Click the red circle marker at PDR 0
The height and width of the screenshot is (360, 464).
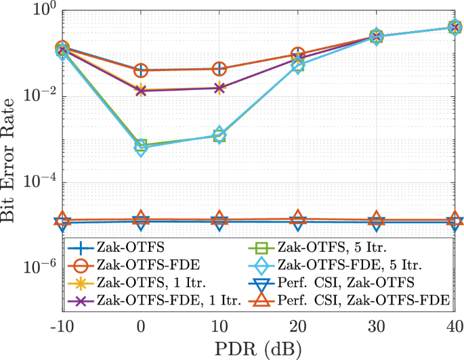[x=141, y=70]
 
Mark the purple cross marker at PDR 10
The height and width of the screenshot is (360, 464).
[x=219, y=88]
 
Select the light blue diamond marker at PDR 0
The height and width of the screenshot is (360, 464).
[x=141, y=150]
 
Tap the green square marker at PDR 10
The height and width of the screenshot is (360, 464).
[x=219, y=135]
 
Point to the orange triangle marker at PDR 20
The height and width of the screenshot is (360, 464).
[x=298, y=217]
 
